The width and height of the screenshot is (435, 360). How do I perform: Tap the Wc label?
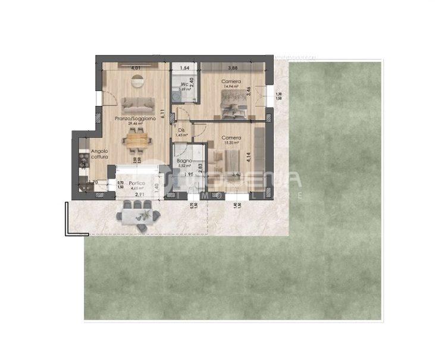[x=185, y=84]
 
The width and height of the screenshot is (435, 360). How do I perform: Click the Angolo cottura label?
[x=99, y=154]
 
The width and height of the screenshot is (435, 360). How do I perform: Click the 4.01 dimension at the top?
[x=136, y=68]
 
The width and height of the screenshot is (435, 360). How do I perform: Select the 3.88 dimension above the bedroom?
[x=233, y=68]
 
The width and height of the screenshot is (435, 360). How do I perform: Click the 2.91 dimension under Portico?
[x=140, y=195]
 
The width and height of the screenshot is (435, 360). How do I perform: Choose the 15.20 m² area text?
[x=231, y=143]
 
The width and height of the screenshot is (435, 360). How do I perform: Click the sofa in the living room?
[x=136, y=105]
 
